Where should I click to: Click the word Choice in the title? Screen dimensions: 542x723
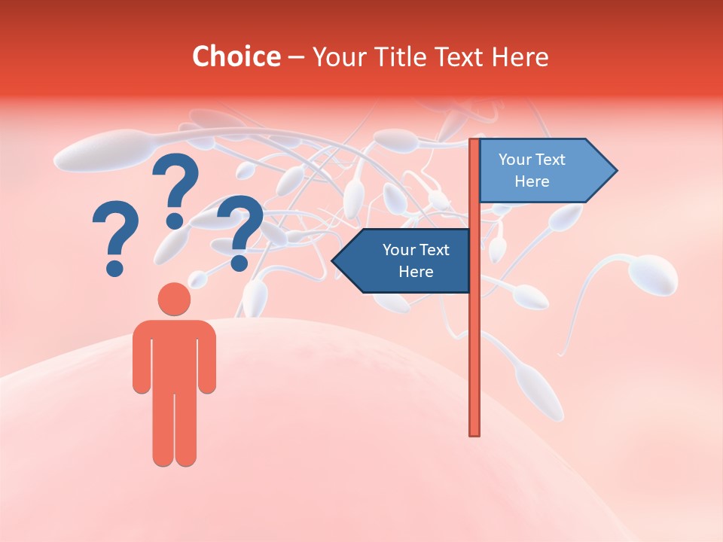point(236,56)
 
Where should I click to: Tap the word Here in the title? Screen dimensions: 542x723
point(520,56)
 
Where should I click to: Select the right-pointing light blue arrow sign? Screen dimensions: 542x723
point(542,170)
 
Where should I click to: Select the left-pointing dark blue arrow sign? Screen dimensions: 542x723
point(407,260)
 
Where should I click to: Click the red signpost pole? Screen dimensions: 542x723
point(474,339)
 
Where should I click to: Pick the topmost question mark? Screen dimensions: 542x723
point(176,188)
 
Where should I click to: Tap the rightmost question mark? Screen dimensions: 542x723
point(240,230)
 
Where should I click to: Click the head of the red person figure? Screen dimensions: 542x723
point(174,299)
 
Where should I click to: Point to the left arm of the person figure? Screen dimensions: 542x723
point(141,358)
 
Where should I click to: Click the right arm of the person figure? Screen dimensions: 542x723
point(207,358)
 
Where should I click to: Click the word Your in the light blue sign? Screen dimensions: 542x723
point(514,160)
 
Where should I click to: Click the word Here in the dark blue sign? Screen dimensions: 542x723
point(416,271)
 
